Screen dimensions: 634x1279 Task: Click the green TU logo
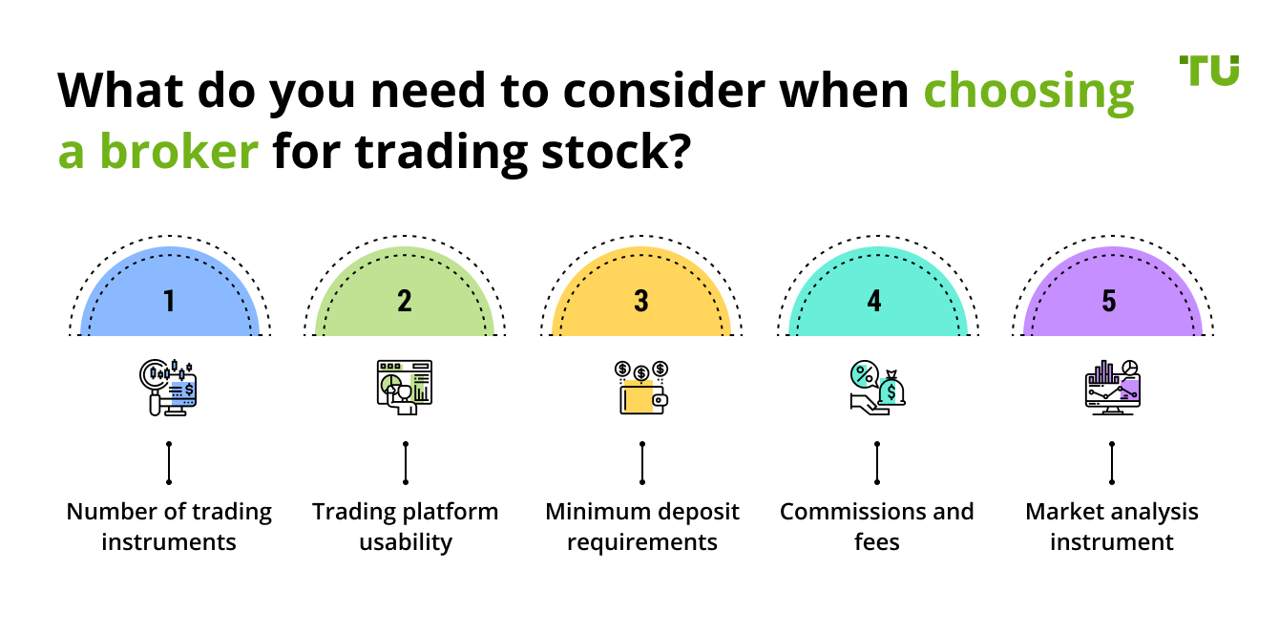tap(1209, 71)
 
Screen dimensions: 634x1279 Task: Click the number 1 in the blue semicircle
tap(169, 302)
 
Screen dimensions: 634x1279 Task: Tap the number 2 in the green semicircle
tap(405, 302)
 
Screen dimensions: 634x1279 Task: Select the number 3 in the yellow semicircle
tap(640, 302)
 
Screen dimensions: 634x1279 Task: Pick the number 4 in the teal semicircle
tap(875, 302)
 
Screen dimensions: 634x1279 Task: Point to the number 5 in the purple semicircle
tap(1109, 302)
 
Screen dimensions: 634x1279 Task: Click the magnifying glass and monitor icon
tap(169, 387)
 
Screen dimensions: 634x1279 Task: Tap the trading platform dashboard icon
tap(405, 387)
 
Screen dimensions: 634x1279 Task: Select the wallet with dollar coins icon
tap(640, 387)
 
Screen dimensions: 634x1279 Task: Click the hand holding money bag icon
tap(876, 387)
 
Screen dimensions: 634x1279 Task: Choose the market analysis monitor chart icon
tap(1112, 386)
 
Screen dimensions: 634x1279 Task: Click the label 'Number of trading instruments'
tap(169, 527)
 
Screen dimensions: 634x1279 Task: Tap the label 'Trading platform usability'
tap(405, 527)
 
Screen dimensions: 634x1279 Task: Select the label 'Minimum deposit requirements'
tap(641, 527)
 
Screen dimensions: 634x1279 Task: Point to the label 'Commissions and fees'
tap(876, 527)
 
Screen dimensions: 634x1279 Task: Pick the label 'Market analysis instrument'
tap(1111, 527)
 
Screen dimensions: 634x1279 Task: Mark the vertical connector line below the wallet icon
tap(641, 463)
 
